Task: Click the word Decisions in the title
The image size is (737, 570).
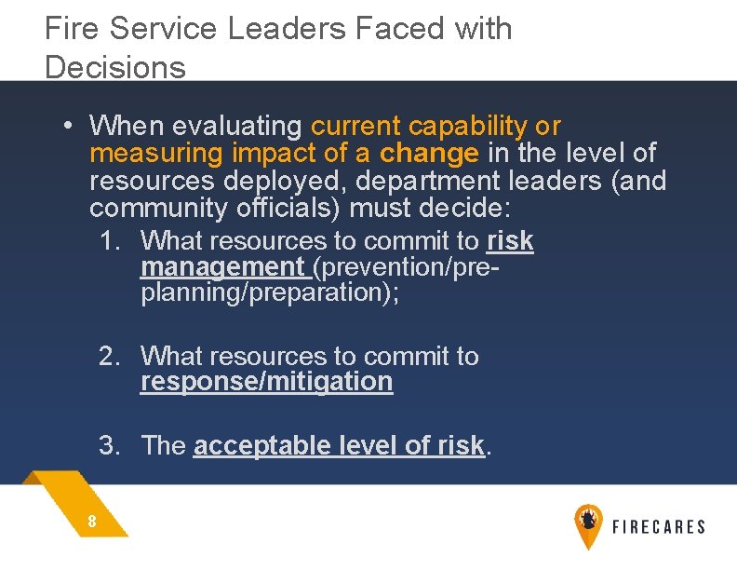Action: tap(114, 67)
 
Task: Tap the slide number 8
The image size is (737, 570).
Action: tap(92, 522)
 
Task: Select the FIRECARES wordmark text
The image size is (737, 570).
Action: tap(658, 527)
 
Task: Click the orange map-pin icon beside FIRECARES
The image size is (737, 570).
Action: tap(587, 524)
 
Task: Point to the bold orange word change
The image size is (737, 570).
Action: tap(429, 153)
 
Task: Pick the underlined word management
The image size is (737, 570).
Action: tap(221, 267)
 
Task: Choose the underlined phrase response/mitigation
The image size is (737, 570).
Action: tap(266, 382)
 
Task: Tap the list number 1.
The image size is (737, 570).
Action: tap(111, 241)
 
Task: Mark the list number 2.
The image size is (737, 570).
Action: tap(111, 357)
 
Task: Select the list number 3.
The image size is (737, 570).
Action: tap(111, 446)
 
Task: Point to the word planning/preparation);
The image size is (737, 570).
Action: tap(269, 292)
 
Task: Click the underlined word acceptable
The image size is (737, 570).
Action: tap(252, 446)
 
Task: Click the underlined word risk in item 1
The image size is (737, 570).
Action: tap(510, 241)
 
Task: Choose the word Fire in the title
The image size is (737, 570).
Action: tap(73, 29)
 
